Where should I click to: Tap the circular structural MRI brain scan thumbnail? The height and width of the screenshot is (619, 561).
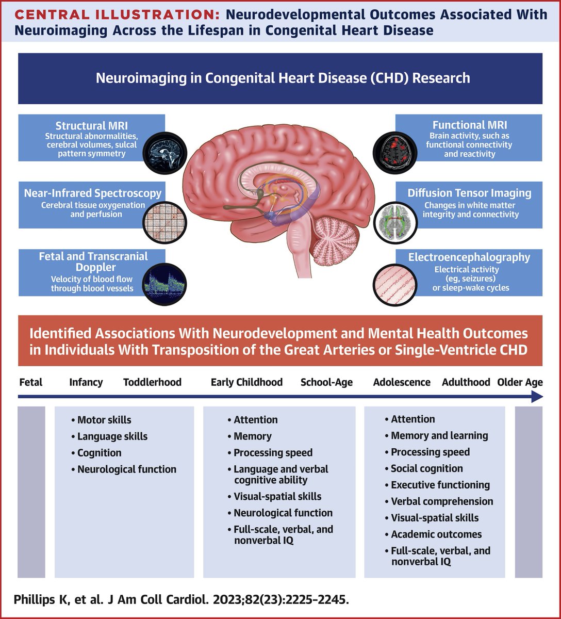click(x=164, y=149)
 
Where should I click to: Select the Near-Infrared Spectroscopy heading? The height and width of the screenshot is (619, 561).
click(x=93, y=193)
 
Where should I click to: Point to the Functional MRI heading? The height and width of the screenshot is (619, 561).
click(x=469, y=125)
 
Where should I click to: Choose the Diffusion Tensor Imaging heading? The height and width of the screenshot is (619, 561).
click(x=469, y=193)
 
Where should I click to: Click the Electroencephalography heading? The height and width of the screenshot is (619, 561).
click(x=469, y=257)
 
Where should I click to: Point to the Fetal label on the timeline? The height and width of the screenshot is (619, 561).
click(x=31, y=382)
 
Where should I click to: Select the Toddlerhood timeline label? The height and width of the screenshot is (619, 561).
click(x=152, y=382)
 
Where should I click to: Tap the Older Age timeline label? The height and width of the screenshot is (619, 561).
click(x=520, y=382)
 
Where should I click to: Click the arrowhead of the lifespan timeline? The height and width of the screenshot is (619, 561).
click(x=537, y=397)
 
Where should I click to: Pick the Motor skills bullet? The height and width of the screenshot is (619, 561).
click(x=104, y=420)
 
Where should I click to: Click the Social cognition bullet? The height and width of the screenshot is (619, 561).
click(x=426, y=468)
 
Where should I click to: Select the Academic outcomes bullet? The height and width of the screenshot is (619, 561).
click(x=436, y=534)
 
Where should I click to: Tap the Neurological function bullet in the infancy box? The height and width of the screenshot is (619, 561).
click(x=126, y=469)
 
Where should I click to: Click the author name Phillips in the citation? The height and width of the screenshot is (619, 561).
click(x=33, y=601)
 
